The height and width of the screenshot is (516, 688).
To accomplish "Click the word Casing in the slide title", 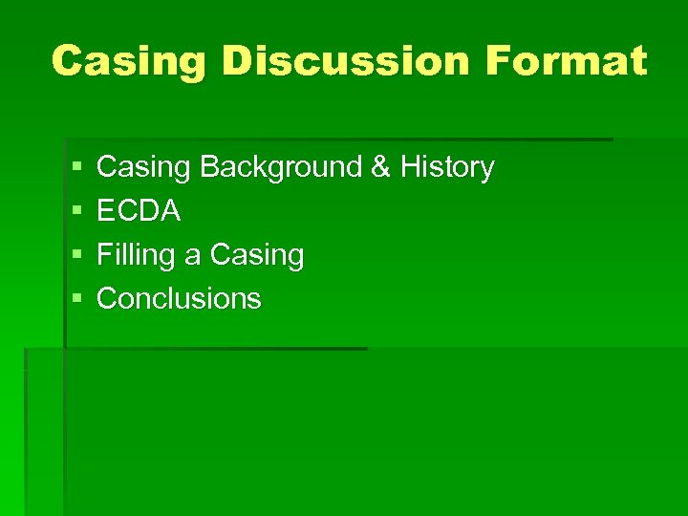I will [x=129, y=61].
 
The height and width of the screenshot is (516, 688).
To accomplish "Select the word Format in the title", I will [x=566, y=61].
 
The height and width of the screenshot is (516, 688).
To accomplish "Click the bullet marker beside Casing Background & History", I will [x=76, y=168].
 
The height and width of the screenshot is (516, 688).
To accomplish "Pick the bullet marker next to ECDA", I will [x=76, y=212].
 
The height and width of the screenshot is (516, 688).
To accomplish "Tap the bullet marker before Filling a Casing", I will [x=76, y=256].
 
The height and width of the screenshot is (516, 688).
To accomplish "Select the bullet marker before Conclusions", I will [x=76, y=300].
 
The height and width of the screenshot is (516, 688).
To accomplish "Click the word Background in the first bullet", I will [x=280, y=167].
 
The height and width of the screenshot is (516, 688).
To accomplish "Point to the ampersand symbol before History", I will [x=379, y=167].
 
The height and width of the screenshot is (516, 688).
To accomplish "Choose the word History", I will [x=447, y=167].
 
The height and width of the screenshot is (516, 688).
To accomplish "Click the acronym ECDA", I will [x=139, y=211].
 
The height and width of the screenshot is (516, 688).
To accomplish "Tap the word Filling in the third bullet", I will [x=137, y=255].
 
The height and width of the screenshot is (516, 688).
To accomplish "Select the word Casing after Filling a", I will [x=256, y=255].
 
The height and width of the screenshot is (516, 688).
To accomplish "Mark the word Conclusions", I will [x=179, y=299].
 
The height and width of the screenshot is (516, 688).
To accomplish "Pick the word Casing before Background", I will [x=144, y=167].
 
